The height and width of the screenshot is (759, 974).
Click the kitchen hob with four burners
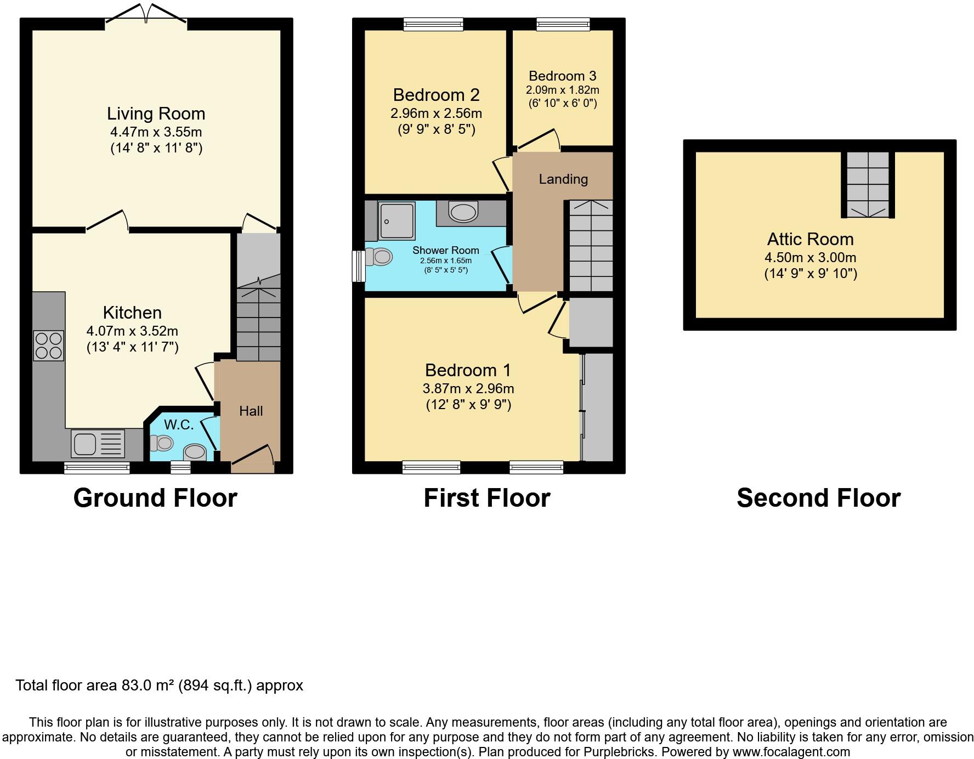pyautogui.click(x=49, y=345)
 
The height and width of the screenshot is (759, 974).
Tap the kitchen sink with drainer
pyautogui.click(x=98, y=444)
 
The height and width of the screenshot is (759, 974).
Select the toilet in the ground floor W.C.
pyautogui.click(x=161, y=442)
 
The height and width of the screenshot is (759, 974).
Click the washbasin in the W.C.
pyautogui.click(x=195, y=452)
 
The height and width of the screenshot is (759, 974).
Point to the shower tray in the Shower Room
pyautogui.click(x=397, y=221)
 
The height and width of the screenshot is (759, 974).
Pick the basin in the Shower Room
pyautogui.click(x=463, y=212)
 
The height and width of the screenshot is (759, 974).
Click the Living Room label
pyautogui.click(x=156, y=114)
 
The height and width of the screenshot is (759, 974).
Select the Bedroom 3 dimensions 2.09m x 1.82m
pyautogui.click(x=562, y=90)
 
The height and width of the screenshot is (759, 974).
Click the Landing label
pyautogui.click(x=563, y=179)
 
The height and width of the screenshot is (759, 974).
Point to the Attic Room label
pyautogui.click(x=810, y=239)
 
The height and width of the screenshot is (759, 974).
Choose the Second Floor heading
pyautogui.click(x=818, y=498)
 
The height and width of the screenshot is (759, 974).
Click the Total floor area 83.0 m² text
pyautogui.click(x=159, y=686)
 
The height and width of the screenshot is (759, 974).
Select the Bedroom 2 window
pyautogui.click(x=433, y=24)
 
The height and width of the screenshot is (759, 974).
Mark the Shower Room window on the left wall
pyautogui.click(x=358, y=266)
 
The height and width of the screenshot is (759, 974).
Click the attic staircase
pyautogui.click(x=868, y=185)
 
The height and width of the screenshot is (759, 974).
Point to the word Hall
pyautogui.click(x=251, y=411)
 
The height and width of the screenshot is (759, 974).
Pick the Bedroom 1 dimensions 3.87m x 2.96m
pyautogui.click(x=468, y=389)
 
